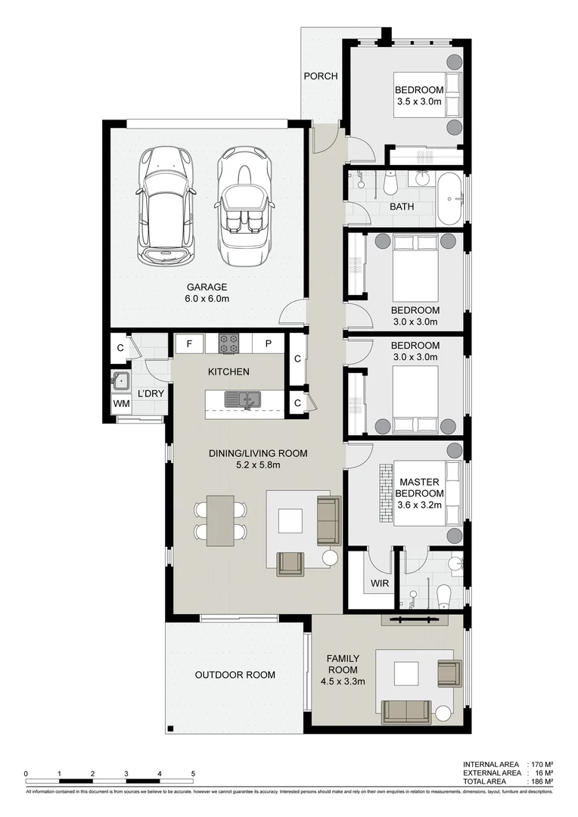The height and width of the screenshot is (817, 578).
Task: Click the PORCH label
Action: click(320, 76)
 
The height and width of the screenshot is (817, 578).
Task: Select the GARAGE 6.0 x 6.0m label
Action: click(207, 293)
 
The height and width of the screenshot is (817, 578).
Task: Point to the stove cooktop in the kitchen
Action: click(228, 344)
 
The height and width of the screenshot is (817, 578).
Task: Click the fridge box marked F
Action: click(190, 344)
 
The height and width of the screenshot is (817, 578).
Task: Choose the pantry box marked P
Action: click(268, 344)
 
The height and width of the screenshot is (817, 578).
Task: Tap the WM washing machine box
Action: click(121, 404)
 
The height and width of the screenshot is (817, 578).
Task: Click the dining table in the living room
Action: click(220, 520)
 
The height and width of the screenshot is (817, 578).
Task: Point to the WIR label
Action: click(379, 584)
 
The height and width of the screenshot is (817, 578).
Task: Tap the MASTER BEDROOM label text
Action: click(420, 488)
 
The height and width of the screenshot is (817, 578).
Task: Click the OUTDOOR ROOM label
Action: click(235, 675)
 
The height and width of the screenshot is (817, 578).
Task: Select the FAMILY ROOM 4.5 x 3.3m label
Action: click(343, 669)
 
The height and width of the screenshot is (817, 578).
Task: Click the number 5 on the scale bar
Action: click(193, 773)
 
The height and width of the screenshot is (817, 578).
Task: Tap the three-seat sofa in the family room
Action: click(406, 711)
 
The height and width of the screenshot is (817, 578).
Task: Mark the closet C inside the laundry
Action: click(120, 349)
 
